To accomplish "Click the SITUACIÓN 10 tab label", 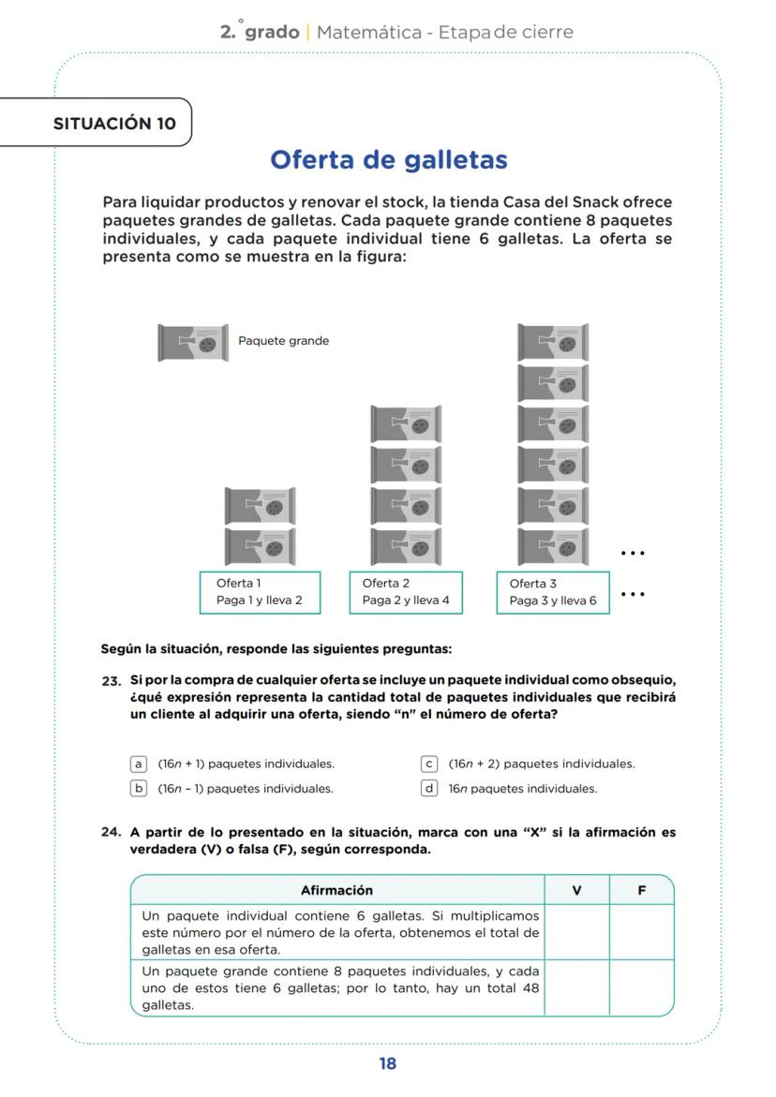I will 114,124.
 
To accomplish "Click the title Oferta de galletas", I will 388,160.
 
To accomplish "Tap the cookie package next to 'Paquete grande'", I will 193,343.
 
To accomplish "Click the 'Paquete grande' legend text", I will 283,341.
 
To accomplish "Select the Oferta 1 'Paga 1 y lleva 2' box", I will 260,592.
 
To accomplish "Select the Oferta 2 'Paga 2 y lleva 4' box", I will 406,592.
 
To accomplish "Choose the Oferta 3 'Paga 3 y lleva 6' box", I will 552,592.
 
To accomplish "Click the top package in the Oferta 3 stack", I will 553,343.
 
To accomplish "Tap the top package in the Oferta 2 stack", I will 406,424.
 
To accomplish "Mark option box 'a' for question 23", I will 139,763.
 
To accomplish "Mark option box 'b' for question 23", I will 139,788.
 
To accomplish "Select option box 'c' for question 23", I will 430,763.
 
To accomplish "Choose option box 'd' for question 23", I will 430,788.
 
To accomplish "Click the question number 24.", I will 112,832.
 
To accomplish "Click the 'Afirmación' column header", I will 336,890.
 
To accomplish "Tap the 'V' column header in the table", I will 576,890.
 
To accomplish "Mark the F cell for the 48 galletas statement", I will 641,987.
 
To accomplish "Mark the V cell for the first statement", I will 576,932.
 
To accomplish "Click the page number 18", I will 388,1063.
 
